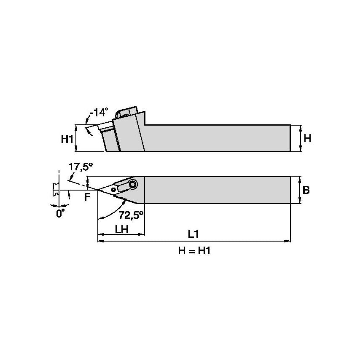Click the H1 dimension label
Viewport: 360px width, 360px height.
[x=67, y=138]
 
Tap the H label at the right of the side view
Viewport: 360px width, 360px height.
[x=308, y=138]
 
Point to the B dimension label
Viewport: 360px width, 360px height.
[x=306, y=190]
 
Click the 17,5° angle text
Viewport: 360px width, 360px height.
[x=80, y=167]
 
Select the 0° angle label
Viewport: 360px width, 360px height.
[x=61, y=213]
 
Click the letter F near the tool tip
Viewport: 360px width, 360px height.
[x=87, y=197]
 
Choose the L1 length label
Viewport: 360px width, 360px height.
[x=194, y=234]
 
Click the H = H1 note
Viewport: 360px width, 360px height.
[x=194, y=251]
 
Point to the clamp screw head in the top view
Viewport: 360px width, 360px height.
[x=133, y=184]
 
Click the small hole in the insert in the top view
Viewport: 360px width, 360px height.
[x=114, y=190]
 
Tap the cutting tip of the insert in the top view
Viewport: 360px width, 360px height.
[x=99, y=191]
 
